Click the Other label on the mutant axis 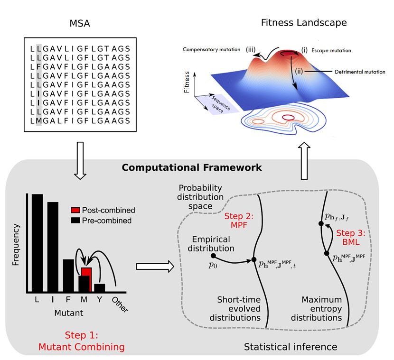pyautogui.click(x=122, y=302)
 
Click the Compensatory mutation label pyautogui.click(x=212, y=49)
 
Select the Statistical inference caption pyautogui.click(x=291, y=347)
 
